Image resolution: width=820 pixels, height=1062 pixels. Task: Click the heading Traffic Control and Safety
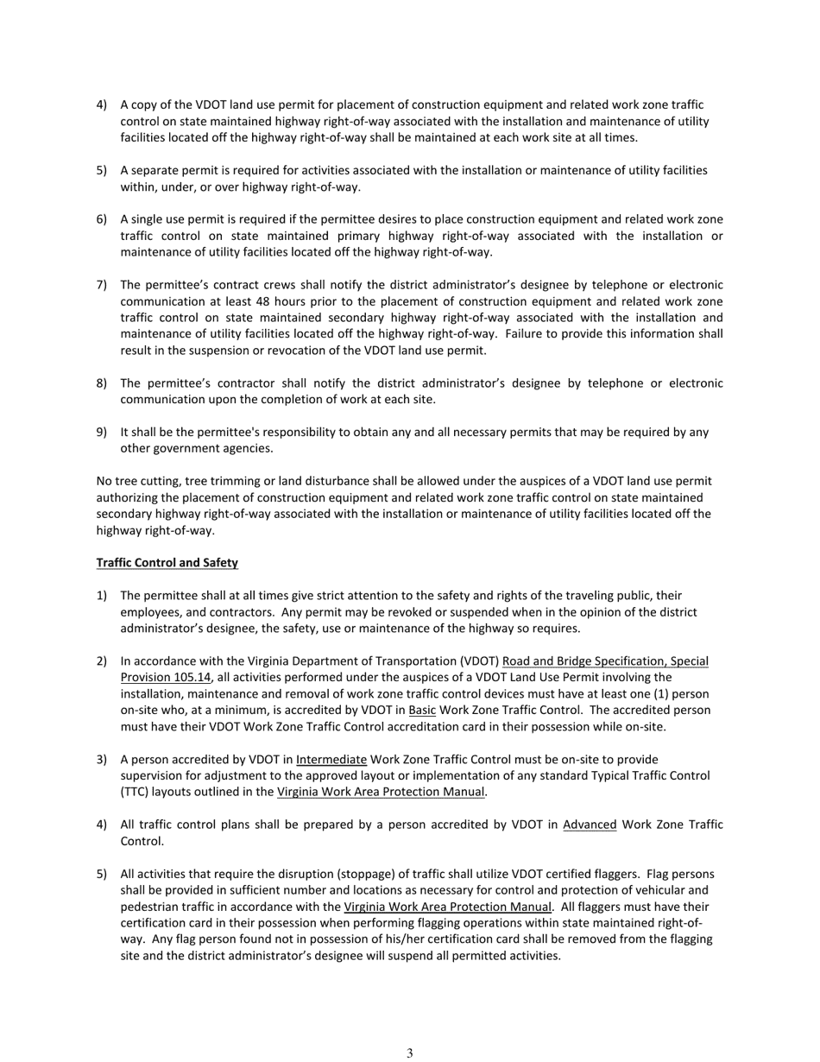(x=167, y=563)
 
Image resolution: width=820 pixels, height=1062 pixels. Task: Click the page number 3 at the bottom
(x=410, y=1053)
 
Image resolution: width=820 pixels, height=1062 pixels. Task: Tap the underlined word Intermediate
(x=331, y=760)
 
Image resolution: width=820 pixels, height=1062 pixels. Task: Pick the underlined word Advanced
(x=590, y=825)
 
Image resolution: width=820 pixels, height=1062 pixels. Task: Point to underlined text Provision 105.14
(x=165, y=678)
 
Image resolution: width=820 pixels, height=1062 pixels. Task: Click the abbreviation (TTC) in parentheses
(x=136, y=792)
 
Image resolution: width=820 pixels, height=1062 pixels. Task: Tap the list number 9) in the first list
(x=102, y=432)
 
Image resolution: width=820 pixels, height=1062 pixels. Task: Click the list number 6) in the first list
(x=102, y=219)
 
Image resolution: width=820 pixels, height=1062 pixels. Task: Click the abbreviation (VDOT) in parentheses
(x=474, y=661)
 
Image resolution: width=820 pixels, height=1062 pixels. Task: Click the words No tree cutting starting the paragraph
(x=138, y=481)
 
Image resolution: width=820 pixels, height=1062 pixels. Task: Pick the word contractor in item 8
(x=253, y=383)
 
